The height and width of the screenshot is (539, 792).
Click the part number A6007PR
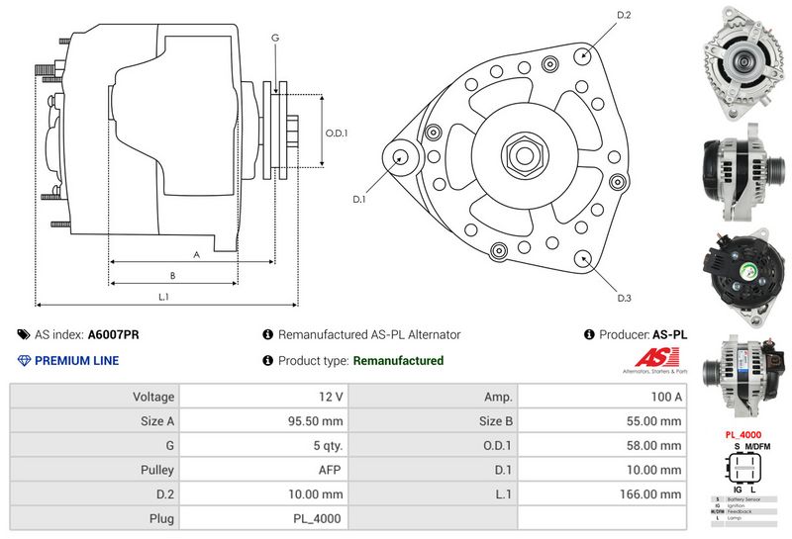(x=114, y=335)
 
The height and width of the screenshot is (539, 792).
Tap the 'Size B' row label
(x=495, y=421)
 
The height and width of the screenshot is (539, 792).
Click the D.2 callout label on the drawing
(x=624, y=15)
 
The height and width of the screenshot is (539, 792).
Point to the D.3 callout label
(x=624, y=298)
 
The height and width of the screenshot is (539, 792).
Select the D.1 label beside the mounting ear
(x=360, y=199)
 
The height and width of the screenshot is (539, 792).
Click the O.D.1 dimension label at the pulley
(x=337, y=134)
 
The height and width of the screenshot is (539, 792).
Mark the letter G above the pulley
(x=275, y=38)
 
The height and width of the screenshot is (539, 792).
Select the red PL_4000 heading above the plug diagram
(x=742, y=434)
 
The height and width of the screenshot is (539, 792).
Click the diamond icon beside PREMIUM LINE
(x=25, y=361)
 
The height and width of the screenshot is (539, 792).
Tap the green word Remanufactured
(x=398, y=361)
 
